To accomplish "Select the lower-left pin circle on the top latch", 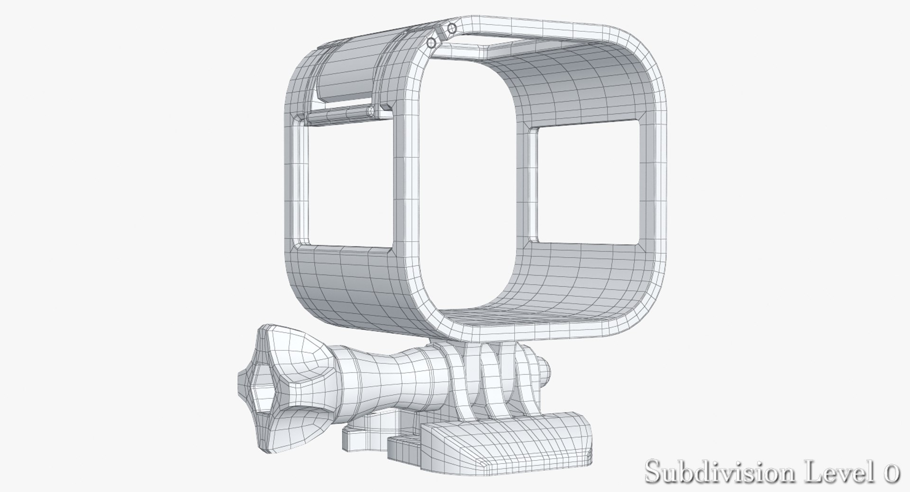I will pos(431,43).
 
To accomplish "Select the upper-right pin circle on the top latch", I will pos(452,28).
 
